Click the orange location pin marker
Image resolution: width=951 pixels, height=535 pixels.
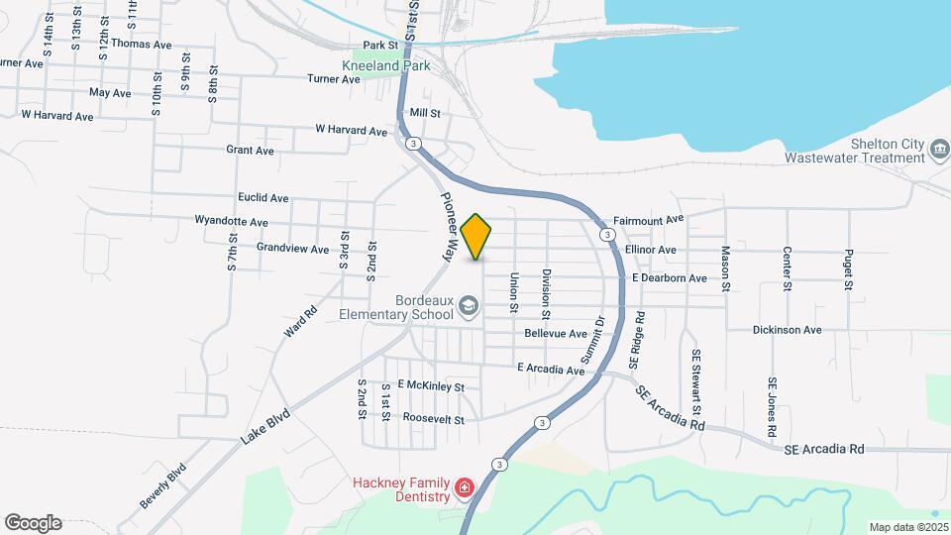pyautogui.click(x=476, y=236)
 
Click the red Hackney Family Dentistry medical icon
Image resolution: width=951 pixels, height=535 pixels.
pyautogui.click(x=464, y=487)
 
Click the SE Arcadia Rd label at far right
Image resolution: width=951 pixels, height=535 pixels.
pyautogui.click(x=823, y=449)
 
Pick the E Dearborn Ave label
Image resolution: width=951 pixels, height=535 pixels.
pyautogui.click(x=670, y=278)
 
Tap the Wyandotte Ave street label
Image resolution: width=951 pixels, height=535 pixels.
pyautogui.click(x=232, y=221)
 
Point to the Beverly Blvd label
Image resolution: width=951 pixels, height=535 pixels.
pyautogui.click(x=162, y=484)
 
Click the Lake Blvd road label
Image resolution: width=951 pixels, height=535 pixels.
pyautogui.click(x=264, y=424)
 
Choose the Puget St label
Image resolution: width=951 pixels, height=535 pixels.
pyautogui.click(x=849, y=269)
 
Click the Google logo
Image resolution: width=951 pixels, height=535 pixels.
pyautogui.click(x=33, y=522)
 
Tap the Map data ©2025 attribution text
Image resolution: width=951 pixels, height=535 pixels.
pyautogui.click(x=906, y=527)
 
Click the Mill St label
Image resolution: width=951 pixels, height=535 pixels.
pyautogui.click(x=424, y=114)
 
